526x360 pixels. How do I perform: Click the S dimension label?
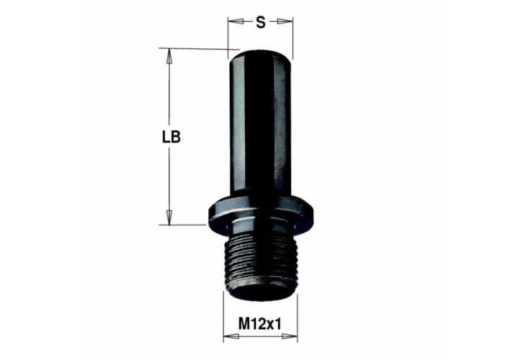[x=260, y=22]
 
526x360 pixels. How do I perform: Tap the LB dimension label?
[x=171, y=137]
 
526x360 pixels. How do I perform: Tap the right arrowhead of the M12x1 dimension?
[x=293, y=336]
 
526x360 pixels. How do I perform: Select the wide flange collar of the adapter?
[x=260, y=210]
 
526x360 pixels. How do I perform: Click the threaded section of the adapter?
[x=260, y=259]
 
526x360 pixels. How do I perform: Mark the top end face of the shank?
[x=260, y=50]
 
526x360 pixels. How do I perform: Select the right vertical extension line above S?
[x=293, y=36]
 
